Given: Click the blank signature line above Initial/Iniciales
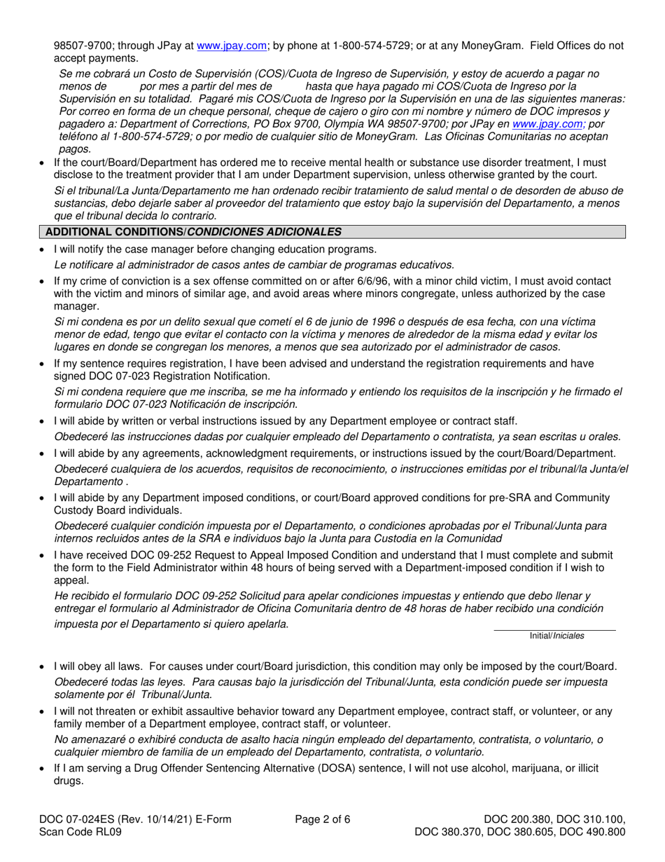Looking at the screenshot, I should click(x=555, y=629).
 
